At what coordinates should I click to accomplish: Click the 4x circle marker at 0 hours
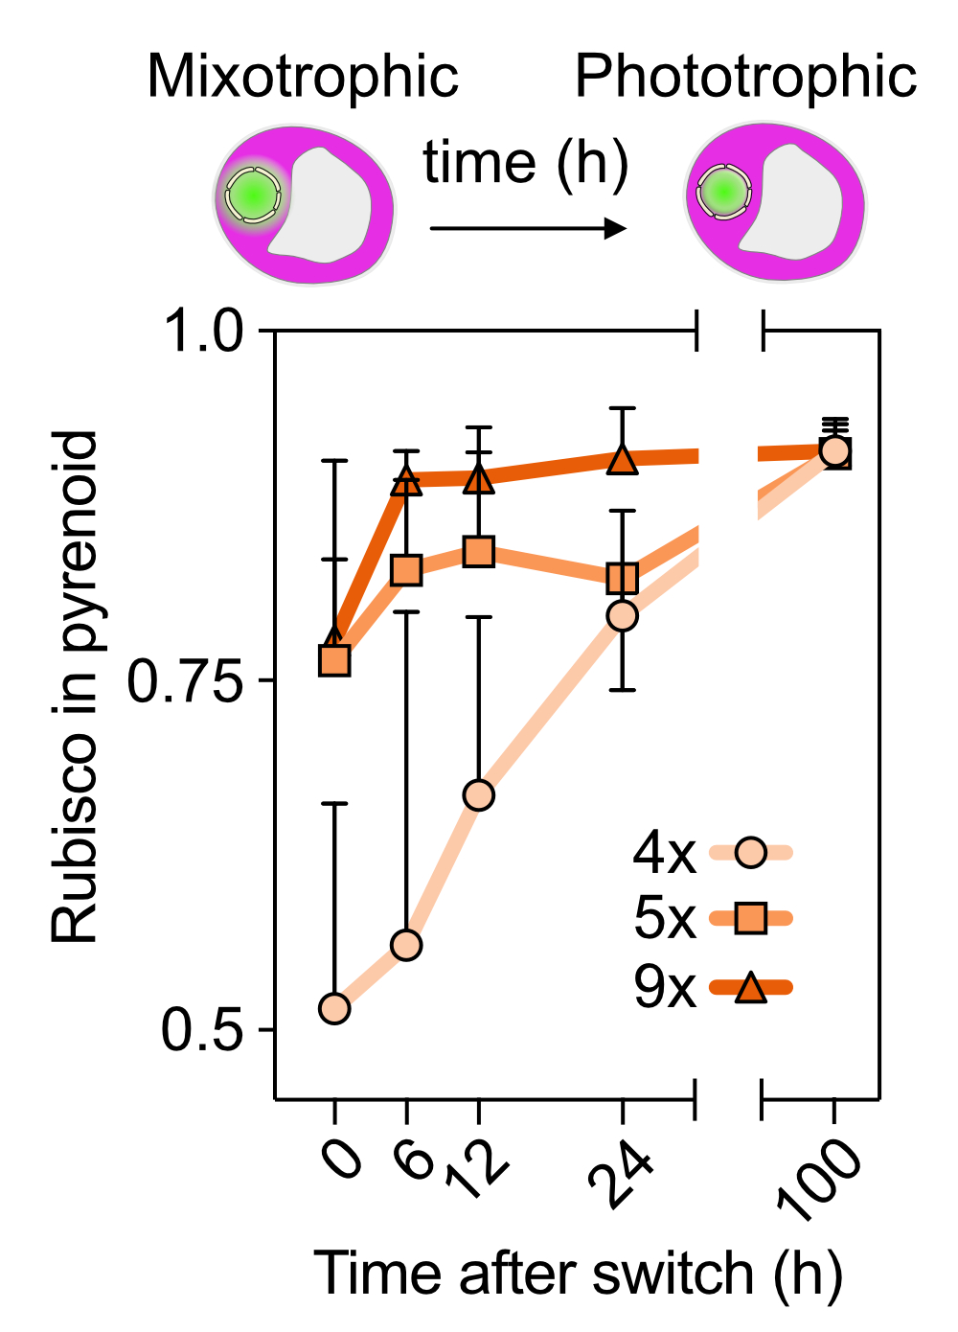click(334, 1008)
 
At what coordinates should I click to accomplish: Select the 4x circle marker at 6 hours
click(407, 946)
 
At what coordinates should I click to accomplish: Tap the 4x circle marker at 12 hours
click(478, 795)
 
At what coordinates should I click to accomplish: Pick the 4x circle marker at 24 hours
click(623, 615)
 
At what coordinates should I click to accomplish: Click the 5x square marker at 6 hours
click(407, 570)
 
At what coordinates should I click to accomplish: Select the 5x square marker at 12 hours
click(478, 552)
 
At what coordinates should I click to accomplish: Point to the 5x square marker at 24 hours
click(623, 579)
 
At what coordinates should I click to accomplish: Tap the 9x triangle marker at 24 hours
click(623, 461)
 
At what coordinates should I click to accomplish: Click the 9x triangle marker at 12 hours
click(478, 479)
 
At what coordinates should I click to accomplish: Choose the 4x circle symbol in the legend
click(751, 852)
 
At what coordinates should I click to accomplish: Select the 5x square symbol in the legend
click(751, 919)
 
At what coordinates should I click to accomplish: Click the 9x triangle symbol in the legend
click(751, 987)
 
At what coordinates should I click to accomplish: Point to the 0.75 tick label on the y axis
click(186, 682)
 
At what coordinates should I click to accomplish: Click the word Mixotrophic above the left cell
click(303, 77)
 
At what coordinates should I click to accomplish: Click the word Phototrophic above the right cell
click(745, 77)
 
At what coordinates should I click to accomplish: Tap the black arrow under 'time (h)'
click(528, 228)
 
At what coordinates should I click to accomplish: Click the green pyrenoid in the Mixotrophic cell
click(253, 195)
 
